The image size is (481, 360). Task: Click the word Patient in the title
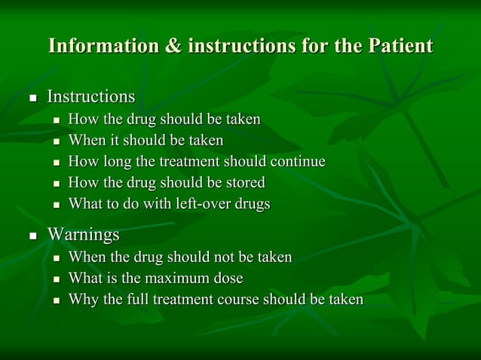400,46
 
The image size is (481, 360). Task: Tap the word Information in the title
104,46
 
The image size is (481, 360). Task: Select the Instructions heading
91,97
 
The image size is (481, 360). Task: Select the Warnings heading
83,235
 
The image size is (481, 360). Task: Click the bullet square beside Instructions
32,99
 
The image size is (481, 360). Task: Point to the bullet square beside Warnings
32,236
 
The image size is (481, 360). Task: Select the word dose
228,279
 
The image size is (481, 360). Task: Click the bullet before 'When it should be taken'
57,142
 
